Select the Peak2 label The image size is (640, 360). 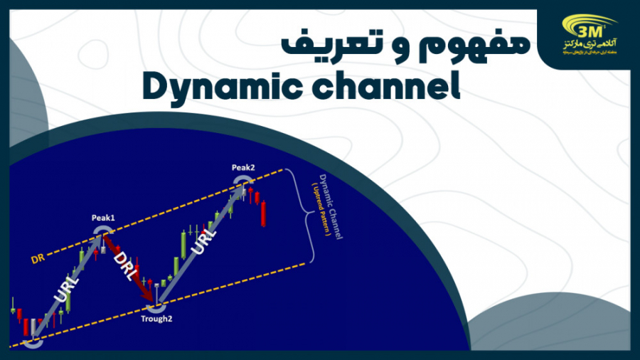tap(243, 167)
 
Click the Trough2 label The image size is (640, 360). tap(156, 319)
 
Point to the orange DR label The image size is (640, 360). tap(38, 260)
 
